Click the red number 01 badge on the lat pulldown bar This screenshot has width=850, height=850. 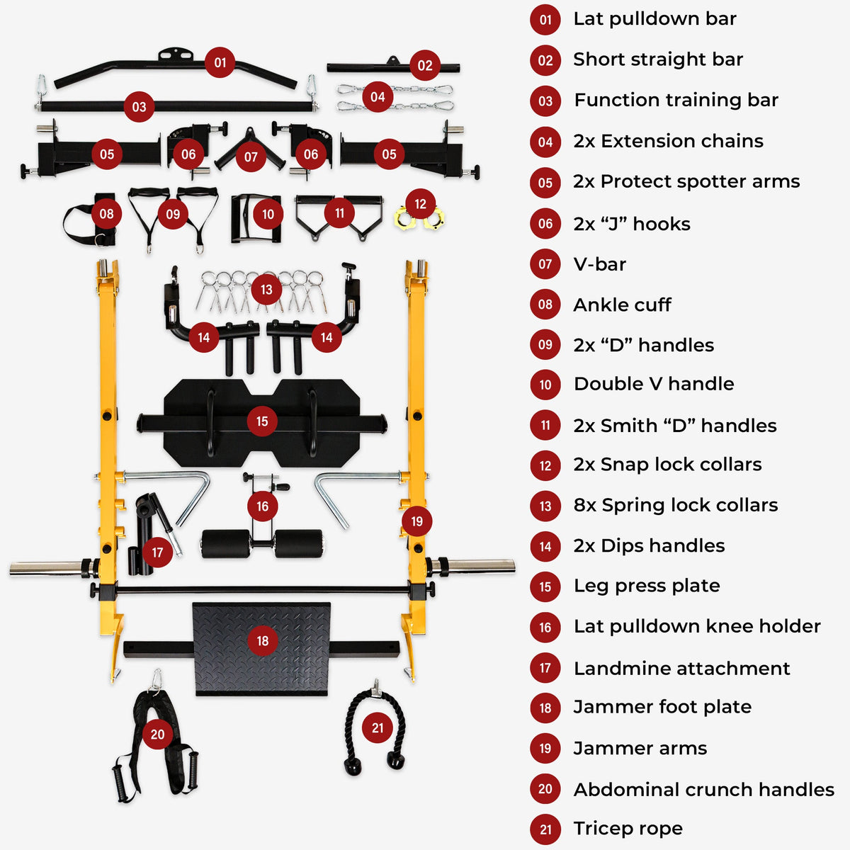pyautogui.click(x=220, y=62)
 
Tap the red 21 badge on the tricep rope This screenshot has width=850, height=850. pyautogui.click(x=378, y=727)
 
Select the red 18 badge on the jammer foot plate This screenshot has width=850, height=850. pyautogui.click(x=263, y=640)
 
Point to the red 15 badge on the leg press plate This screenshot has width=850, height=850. pyautogui.click(x=262, y=421)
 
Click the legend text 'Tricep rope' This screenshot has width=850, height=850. pyautogui.click(x=628, y=828)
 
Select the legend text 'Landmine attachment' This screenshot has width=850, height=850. pyautogui.click(x=681, y=668)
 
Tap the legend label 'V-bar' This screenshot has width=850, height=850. pyautogui.click(x=599, y=264)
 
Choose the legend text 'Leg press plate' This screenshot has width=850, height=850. pyautogui.click(x=646, y=586)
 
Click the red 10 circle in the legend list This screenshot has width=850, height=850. pyautogui.click(x=545, y=385)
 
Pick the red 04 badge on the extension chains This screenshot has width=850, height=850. pyautogui.click(x=378, y=97)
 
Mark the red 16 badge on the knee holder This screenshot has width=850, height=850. pyautogui.click(x=263, y=506)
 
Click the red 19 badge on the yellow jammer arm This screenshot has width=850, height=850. pyautogui.click(x=416, y=521)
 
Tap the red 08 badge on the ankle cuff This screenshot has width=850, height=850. pyautogui.click(x=106, y=214)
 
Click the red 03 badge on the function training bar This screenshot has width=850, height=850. pyautogui.click(x=139, y=107)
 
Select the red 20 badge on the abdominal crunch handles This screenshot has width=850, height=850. pyautogui.click(x=157, y=735)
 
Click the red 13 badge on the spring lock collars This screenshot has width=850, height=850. pyautogui.click(x=266, y=289)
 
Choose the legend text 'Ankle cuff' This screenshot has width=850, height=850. pyautogui.click(x=622, y=305)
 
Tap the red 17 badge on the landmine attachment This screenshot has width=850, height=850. pyautogui.click(x=157, y=552)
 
